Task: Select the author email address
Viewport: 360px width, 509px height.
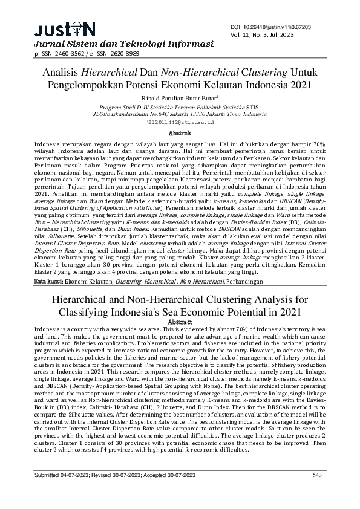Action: [x=180, y=122]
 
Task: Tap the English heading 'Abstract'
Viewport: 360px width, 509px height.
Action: [x=180, y=322]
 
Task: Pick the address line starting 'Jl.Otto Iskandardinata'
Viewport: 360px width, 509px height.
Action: [x=180, y=113]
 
